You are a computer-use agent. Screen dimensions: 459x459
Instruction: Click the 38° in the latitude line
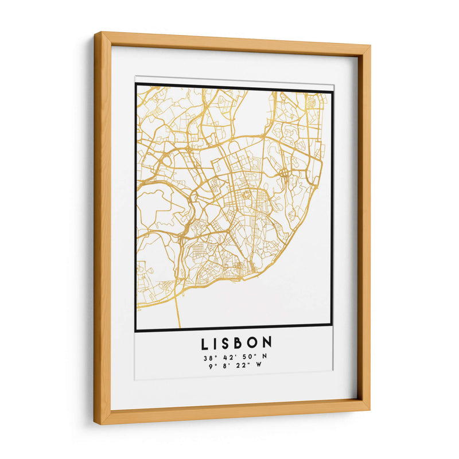(209, 358)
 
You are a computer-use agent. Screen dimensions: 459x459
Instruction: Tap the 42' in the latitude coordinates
(228, 358)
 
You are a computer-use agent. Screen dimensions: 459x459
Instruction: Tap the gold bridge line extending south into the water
(178, 310)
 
